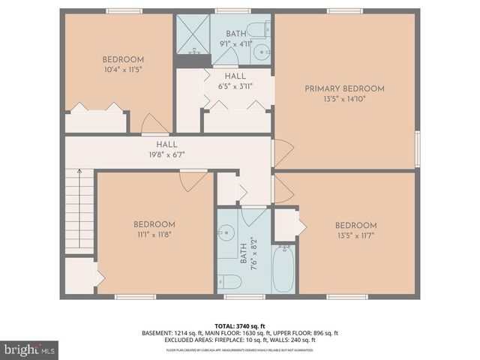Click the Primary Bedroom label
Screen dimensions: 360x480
point(344,88)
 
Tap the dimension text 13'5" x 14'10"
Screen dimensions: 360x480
point(344,98)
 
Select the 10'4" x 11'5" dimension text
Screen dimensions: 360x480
point(122,69)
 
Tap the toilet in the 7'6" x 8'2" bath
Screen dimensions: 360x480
point(232,282)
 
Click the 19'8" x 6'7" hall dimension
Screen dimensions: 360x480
point(166,154)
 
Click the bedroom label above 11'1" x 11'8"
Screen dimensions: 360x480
point(154,224)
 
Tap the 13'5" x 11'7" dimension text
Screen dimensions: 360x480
point(355,235)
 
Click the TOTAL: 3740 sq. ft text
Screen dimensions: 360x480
point(240,325)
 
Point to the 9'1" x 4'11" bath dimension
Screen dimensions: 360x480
point(235,43)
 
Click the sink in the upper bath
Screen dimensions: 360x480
point(260,52)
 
